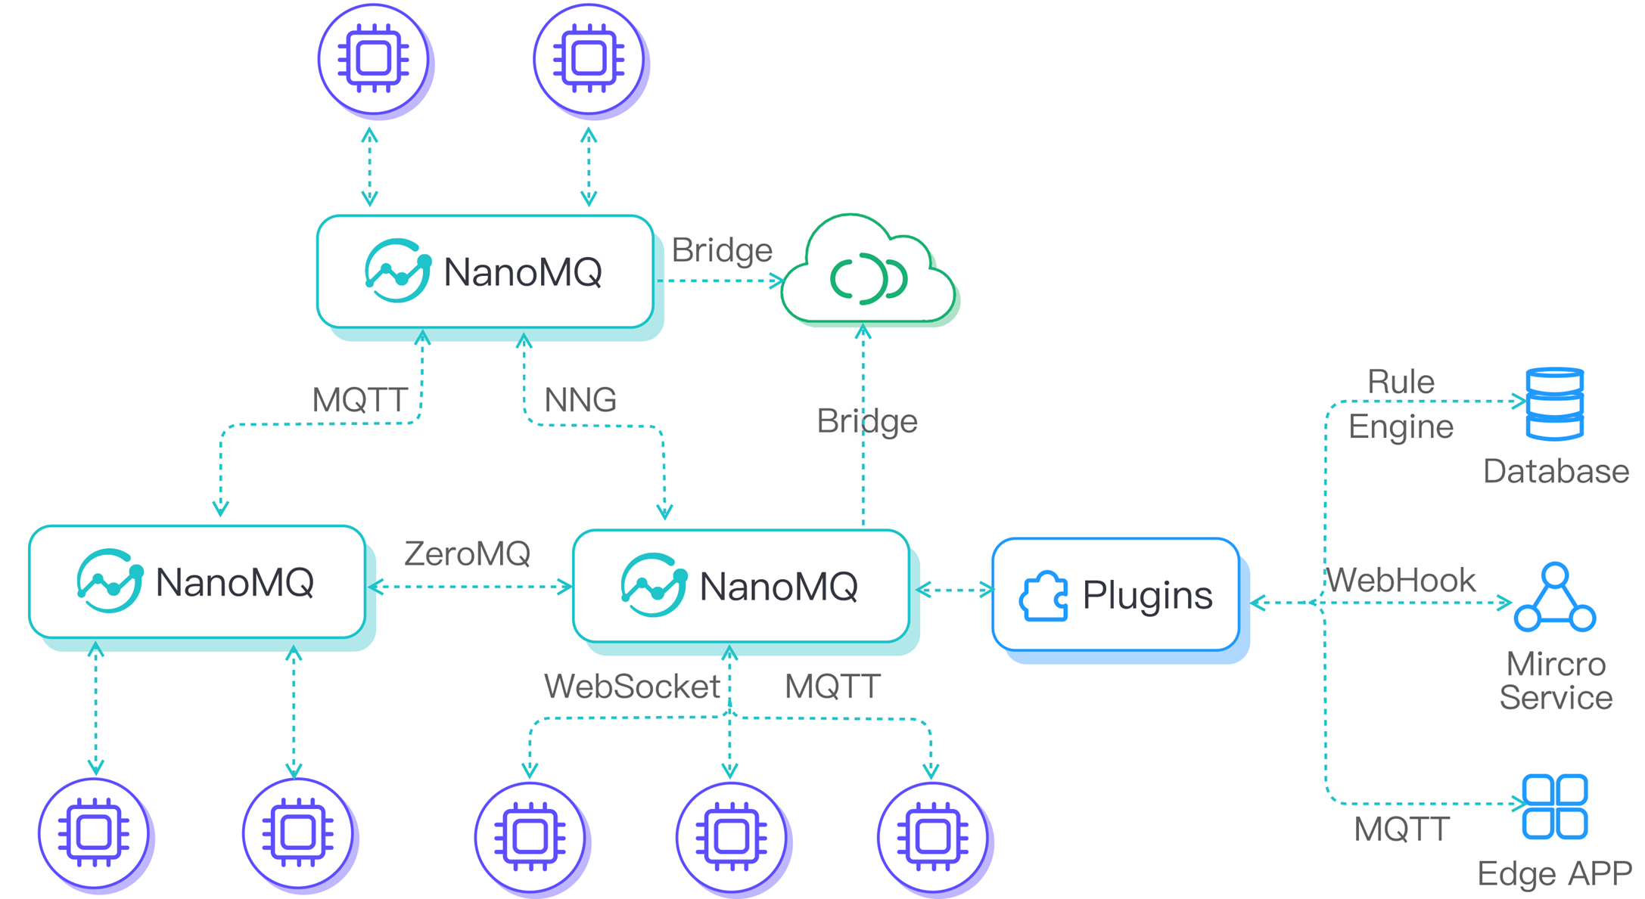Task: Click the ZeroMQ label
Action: click(x=467, y=553)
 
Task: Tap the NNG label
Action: click(x=580, y=399)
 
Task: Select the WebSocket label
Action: click(x=632, y=687)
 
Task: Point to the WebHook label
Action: click(x=1401, y=580)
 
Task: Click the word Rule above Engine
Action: click(x=1401, y=381)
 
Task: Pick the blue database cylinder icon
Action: click(x=1554, y=404)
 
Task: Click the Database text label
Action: click(x=1556, y=471)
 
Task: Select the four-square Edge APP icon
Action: click(x=1554, y=806)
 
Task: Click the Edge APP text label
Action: click(x=1554, y=873)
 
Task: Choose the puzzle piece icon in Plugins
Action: click(x=1044, y=596)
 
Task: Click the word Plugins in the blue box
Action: click(x=1147, y=596)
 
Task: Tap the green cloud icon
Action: click(x=867, y=274)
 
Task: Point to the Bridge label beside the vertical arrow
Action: click(x=866, y=421)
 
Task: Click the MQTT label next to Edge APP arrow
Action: click(x=1401, y=829)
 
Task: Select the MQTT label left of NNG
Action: click(x=360, y=400)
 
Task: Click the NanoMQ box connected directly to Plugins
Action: click(x=741, y=586)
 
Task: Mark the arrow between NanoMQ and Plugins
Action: click(x=954, y=590)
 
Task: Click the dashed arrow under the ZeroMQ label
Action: click(x=469, y=587)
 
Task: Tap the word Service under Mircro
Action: click(x=1556, y=697)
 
